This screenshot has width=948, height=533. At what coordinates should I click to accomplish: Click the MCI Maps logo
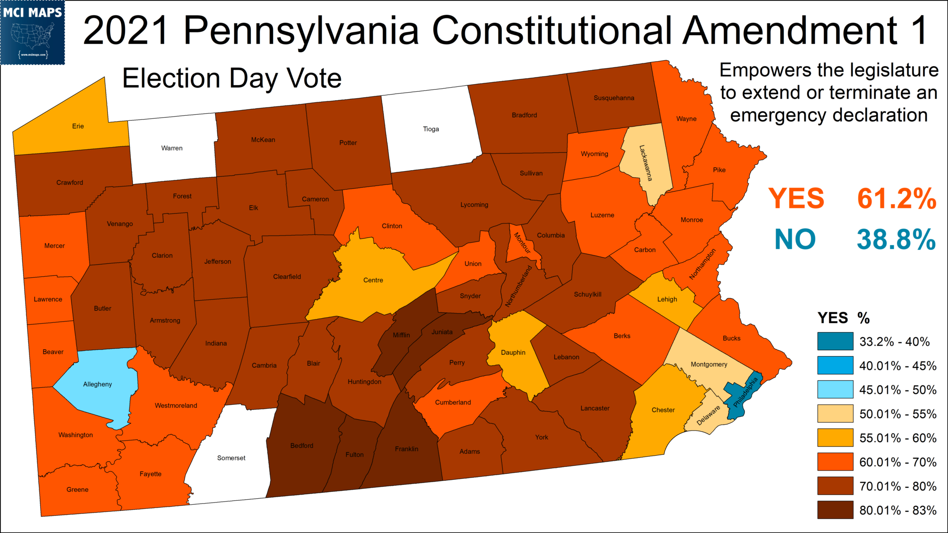(32, 32)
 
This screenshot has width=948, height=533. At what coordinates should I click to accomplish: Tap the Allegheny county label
(97, 384)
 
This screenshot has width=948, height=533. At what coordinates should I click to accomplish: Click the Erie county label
(78, 126)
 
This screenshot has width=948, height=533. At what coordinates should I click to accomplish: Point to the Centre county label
(373, 280)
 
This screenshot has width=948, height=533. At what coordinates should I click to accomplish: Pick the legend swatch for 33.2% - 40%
(835, 341)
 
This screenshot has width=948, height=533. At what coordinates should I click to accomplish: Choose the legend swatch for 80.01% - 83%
(835, 510)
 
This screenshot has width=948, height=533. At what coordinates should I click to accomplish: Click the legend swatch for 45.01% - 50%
(835, 390)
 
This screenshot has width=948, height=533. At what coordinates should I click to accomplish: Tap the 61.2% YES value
(897, 198)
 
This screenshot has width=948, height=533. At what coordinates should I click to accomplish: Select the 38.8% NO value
(896, 240)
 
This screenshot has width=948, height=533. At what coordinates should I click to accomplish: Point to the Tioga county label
(431, 129)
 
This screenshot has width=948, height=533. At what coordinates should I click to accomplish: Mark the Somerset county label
(231, 458)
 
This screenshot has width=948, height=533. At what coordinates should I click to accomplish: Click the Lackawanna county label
(646, 163)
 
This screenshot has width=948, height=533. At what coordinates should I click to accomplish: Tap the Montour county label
(522, 242)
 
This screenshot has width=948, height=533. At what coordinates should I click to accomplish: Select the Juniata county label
(442, 332)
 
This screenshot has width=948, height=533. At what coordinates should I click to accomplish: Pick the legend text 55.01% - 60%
(898, 438)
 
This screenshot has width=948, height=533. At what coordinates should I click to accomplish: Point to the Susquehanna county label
(614, 98)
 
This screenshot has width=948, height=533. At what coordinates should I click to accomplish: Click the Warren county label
(172, 148)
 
